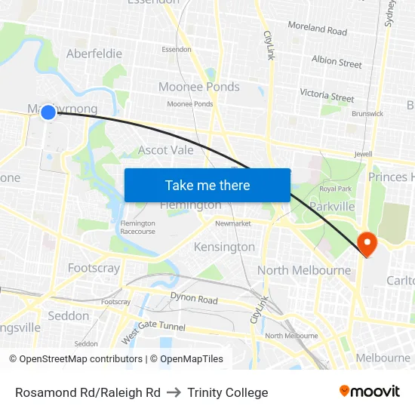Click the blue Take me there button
click(x=207, y=185)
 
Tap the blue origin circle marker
click(x=48, y=112)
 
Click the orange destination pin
click(x=366, y=243)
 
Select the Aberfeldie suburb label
click(x=94, y=54)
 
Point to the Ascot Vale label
click(x=165, y=150)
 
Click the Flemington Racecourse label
click(x=137, y=227)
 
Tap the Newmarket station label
click(x=232, y=223)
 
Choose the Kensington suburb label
click(x=224, y=247)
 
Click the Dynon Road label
click(x=194, y=299)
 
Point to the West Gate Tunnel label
click(x=152, y=332)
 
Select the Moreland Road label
click(x=317, y=29)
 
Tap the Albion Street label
click(x=337, y=62)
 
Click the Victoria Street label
click(x=327, y=96)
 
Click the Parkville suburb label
click(x=332, y=206)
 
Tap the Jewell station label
click(x=363, y=153)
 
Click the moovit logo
click(x=369, y=391)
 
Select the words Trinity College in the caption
click(x=228, y=392)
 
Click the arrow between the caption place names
click(x=174, y=392)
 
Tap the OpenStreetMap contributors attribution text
click(x=81, y=359)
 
